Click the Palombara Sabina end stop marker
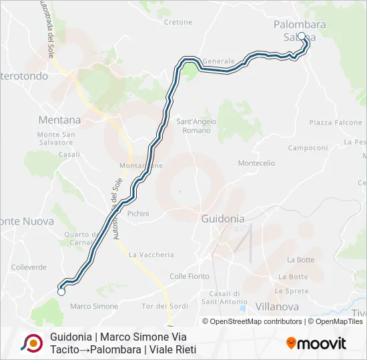(301, 37)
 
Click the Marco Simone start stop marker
(61, 291)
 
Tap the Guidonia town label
(223, 219)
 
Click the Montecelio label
(256, 163)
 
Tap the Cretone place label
(178, 22)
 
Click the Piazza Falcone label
(336, 123)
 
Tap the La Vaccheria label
(151, 255)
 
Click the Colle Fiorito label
(190, 276)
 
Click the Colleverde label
(29, 267)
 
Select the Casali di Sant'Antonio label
(224, 297)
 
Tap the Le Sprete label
(292, 291)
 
